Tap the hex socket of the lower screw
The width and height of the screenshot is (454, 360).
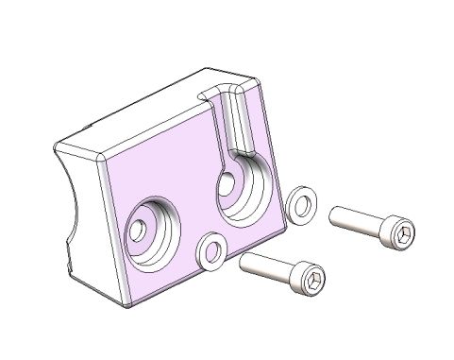pos(313,279)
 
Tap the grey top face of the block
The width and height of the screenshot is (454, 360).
pos(160,113)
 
